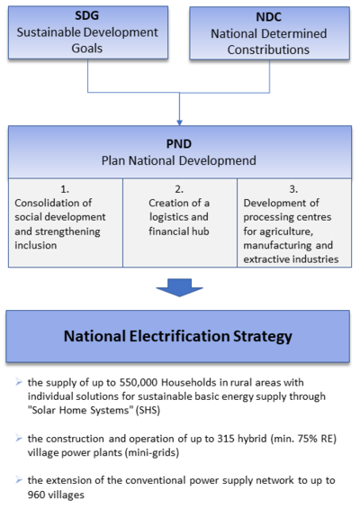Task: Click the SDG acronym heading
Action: pyautogui.click(x=86, y=15)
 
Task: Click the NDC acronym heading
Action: pyautogui.click(x=268, y=17)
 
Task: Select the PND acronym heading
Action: pyautogui.click(x=179, y=144)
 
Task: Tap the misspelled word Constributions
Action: pyautogui.click(x=268, y=50)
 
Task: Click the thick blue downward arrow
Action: pyautogui.click(x=179, y=287)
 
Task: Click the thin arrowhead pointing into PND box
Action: pyautogui.click(x=179, y=123)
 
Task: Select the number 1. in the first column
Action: pyautogui.click(x=65, y=189)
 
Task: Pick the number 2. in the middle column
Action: pyautogui.click(x=179, y=189)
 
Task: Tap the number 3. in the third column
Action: pyautogui.click(x=293, y=189)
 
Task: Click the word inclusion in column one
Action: pyautogui.click(x=36, y=245)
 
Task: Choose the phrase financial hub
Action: pyautogui.click(x=179, y=232)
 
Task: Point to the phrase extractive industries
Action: pyautogui.click(x=291, y=259)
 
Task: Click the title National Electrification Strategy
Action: pyautogui.click(x=178, y=336)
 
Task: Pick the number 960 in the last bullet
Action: pyautogui.click(x=36, y=495)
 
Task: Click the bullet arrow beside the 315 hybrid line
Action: pyautogui.click(x=19, y=439)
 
